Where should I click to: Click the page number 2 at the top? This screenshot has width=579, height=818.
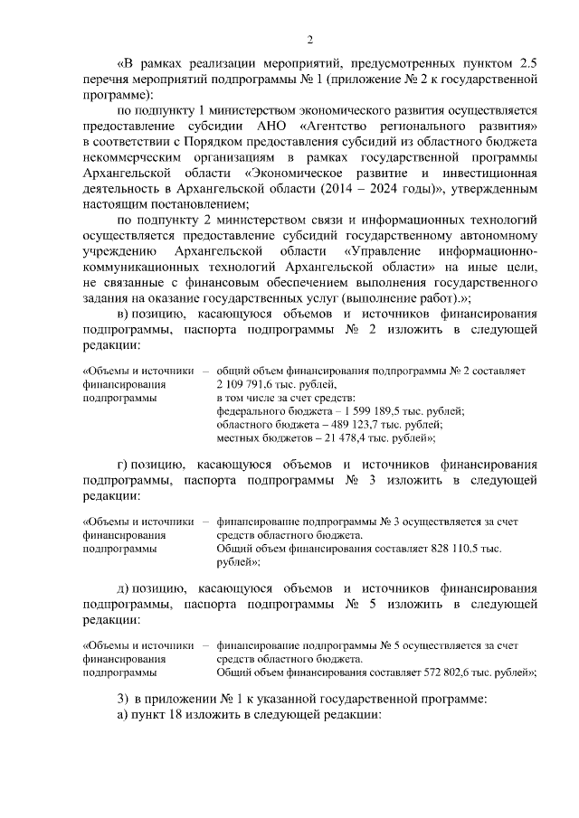coord(309,39)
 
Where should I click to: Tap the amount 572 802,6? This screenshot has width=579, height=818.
coord(446,672)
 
